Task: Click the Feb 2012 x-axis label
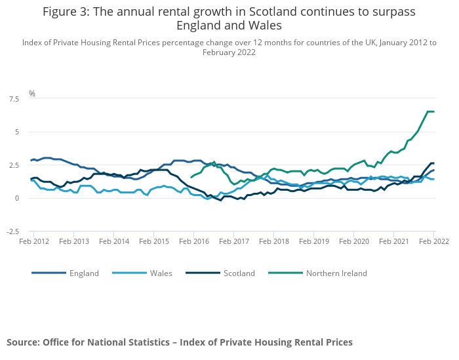34,241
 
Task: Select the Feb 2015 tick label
153,241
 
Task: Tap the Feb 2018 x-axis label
273,241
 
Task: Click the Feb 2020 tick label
353,241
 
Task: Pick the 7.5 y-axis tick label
14,99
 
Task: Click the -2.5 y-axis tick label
12,231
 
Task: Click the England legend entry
84,273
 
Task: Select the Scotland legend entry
238,273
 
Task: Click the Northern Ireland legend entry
336,273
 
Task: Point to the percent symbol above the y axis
31,94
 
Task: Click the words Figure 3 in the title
65,12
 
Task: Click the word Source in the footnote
22,342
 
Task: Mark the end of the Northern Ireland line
433,111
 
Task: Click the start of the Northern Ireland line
191,177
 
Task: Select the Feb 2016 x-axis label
193,241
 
